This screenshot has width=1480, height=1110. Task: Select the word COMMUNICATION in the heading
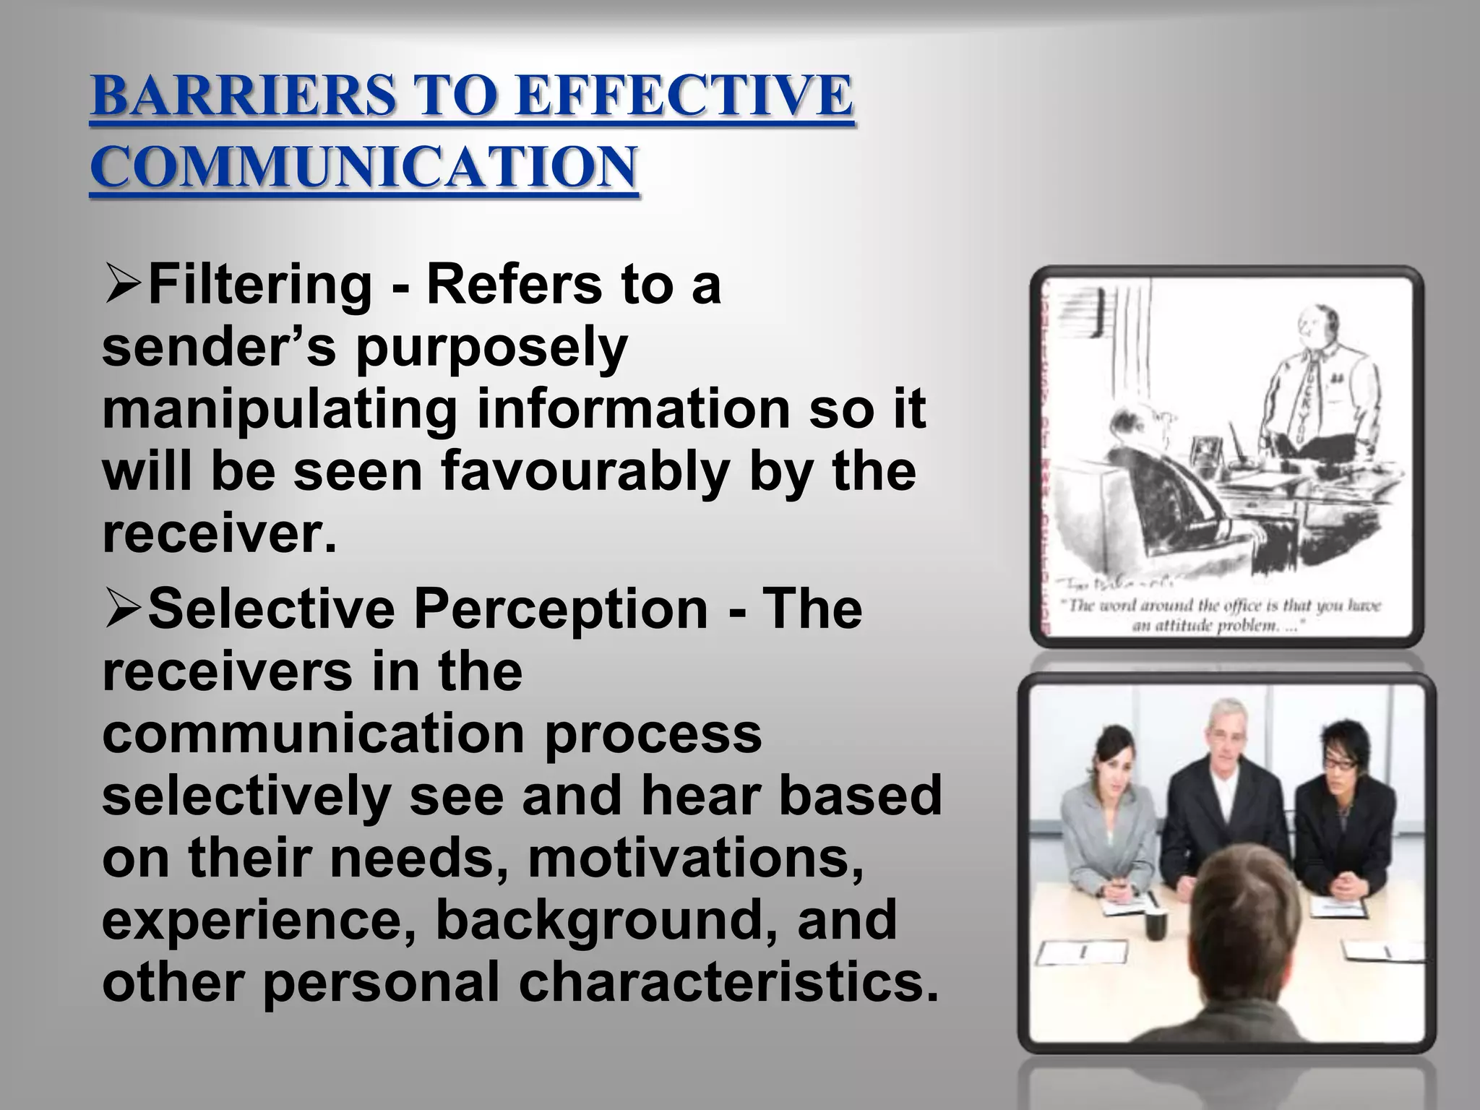tap(363, 167)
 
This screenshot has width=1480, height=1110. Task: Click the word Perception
tap(560, 608)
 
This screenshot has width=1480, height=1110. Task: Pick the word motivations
tap(695, 858)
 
